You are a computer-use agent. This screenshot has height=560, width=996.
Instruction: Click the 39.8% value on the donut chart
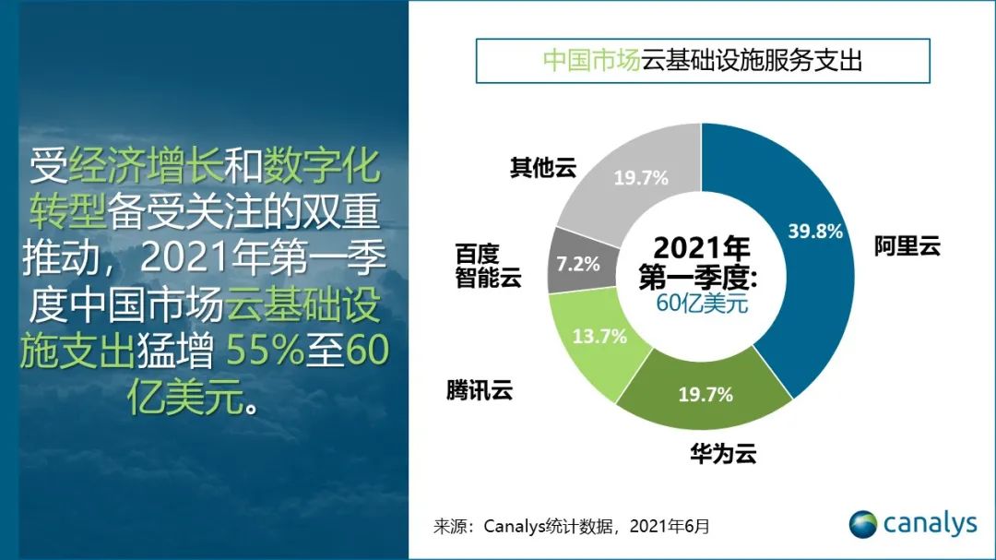click(x=815, y=232)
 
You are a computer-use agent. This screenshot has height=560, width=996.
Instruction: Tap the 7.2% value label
click(x=578, y=265)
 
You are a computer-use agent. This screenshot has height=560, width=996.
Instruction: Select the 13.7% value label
click(x=599, y=336)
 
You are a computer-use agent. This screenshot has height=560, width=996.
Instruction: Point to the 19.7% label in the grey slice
click(x=641, y=178)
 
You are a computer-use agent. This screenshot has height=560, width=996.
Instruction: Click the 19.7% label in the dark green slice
click(x=705, y=395)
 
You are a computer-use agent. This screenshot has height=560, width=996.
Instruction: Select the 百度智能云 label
click(x=488, y=266)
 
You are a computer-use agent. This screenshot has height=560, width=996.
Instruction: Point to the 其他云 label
click(x=543, y=168)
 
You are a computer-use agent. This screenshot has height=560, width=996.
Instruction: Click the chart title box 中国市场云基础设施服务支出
click(x=702, y=62)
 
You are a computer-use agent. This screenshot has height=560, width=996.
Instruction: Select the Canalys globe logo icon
click(x=863, y=524)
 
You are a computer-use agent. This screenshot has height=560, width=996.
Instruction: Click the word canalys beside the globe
click(x=929, y=524)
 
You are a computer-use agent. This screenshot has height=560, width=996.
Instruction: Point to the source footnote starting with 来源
click(x=572, y=527)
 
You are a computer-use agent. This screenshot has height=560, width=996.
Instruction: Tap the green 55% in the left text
click(x=255, y=351)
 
